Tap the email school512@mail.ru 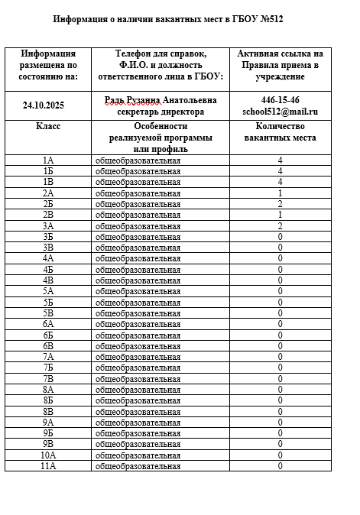[280, 112]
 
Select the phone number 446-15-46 [280, 100]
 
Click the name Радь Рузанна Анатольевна [160, 100]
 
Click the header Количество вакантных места [280, 131]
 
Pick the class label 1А [47, 160]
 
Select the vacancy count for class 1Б [280, 171]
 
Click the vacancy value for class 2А [280, 193]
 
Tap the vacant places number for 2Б [280, 204]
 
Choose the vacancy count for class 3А [280, 226]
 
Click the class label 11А [47, 465]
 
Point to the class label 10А [47, 455]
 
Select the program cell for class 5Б [138, 302]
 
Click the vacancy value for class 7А [280, 357]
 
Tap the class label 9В [47, 444]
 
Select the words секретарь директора [160, 112]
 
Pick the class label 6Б [47, 335]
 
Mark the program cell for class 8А [138, 389]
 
